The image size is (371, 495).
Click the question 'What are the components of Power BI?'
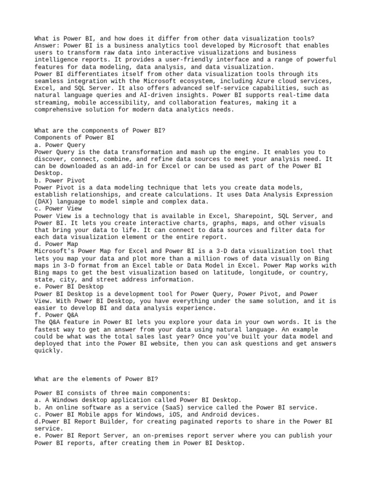coord(100,131)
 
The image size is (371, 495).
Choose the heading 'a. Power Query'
coord(60,145)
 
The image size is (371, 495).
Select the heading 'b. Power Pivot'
coord(60,180)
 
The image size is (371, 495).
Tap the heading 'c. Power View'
coord(58,209)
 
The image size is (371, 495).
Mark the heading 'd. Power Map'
coord(56,244)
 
